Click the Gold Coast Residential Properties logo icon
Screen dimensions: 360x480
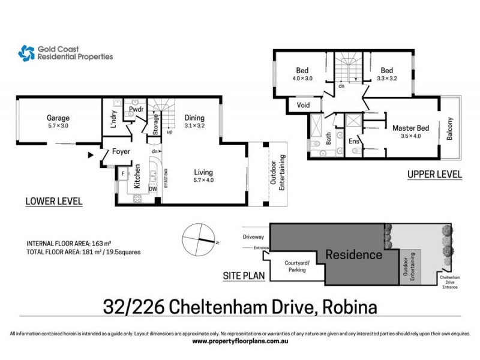coord(26,53)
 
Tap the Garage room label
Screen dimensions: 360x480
coord(59,118)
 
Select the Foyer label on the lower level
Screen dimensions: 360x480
coord(122,151)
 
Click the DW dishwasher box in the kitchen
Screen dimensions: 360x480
coord(152,188)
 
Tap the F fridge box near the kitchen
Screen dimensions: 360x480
coord(123,174)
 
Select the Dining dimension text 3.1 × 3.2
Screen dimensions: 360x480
coord(194,127)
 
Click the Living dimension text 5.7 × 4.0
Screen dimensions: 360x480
coord(203,180)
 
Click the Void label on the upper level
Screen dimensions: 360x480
coord(302,106)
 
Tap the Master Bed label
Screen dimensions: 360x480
coord(410,128)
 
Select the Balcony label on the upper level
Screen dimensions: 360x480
coord(449,128)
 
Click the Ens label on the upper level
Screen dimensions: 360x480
coord(355,141)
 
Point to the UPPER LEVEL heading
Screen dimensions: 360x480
coord(434,175)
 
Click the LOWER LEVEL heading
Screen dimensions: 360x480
coord(54,201)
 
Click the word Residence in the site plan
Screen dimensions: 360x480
coord(353,255)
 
